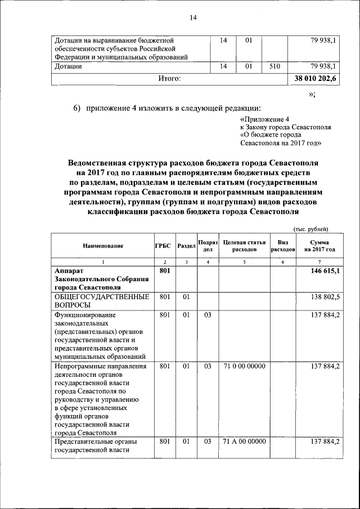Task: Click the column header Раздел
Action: coord(186,246)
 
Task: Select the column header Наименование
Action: coord(103,246)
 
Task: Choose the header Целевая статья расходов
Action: coord(244,245)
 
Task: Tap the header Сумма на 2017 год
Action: coord(319,245)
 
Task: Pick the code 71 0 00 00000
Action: coord(244,366)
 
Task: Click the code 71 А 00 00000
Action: coord(244,442)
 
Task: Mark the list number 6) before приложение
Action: coord(77,107)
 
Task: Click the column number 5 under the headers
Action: coord(244,262)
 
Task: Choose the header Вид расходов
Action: coord(283,245)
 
